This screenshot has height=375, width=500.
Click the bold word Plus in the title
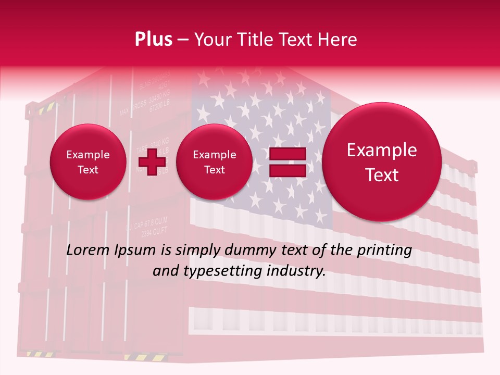153,40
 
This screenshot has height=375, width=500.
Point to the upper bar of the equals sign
287,154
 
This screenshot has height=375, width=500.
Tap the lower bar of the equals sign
287,171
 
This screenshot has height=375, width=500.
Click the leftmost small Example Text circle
87,162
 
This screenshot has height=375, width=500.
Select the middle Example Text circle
214,162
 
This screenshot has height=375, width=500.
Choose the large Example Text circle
382,161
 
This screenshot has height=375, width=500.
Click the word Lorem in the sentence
85,251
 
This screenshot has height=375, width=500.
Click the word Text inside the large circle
382,175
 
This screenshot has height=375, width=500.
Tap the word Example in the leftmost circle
87,155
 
